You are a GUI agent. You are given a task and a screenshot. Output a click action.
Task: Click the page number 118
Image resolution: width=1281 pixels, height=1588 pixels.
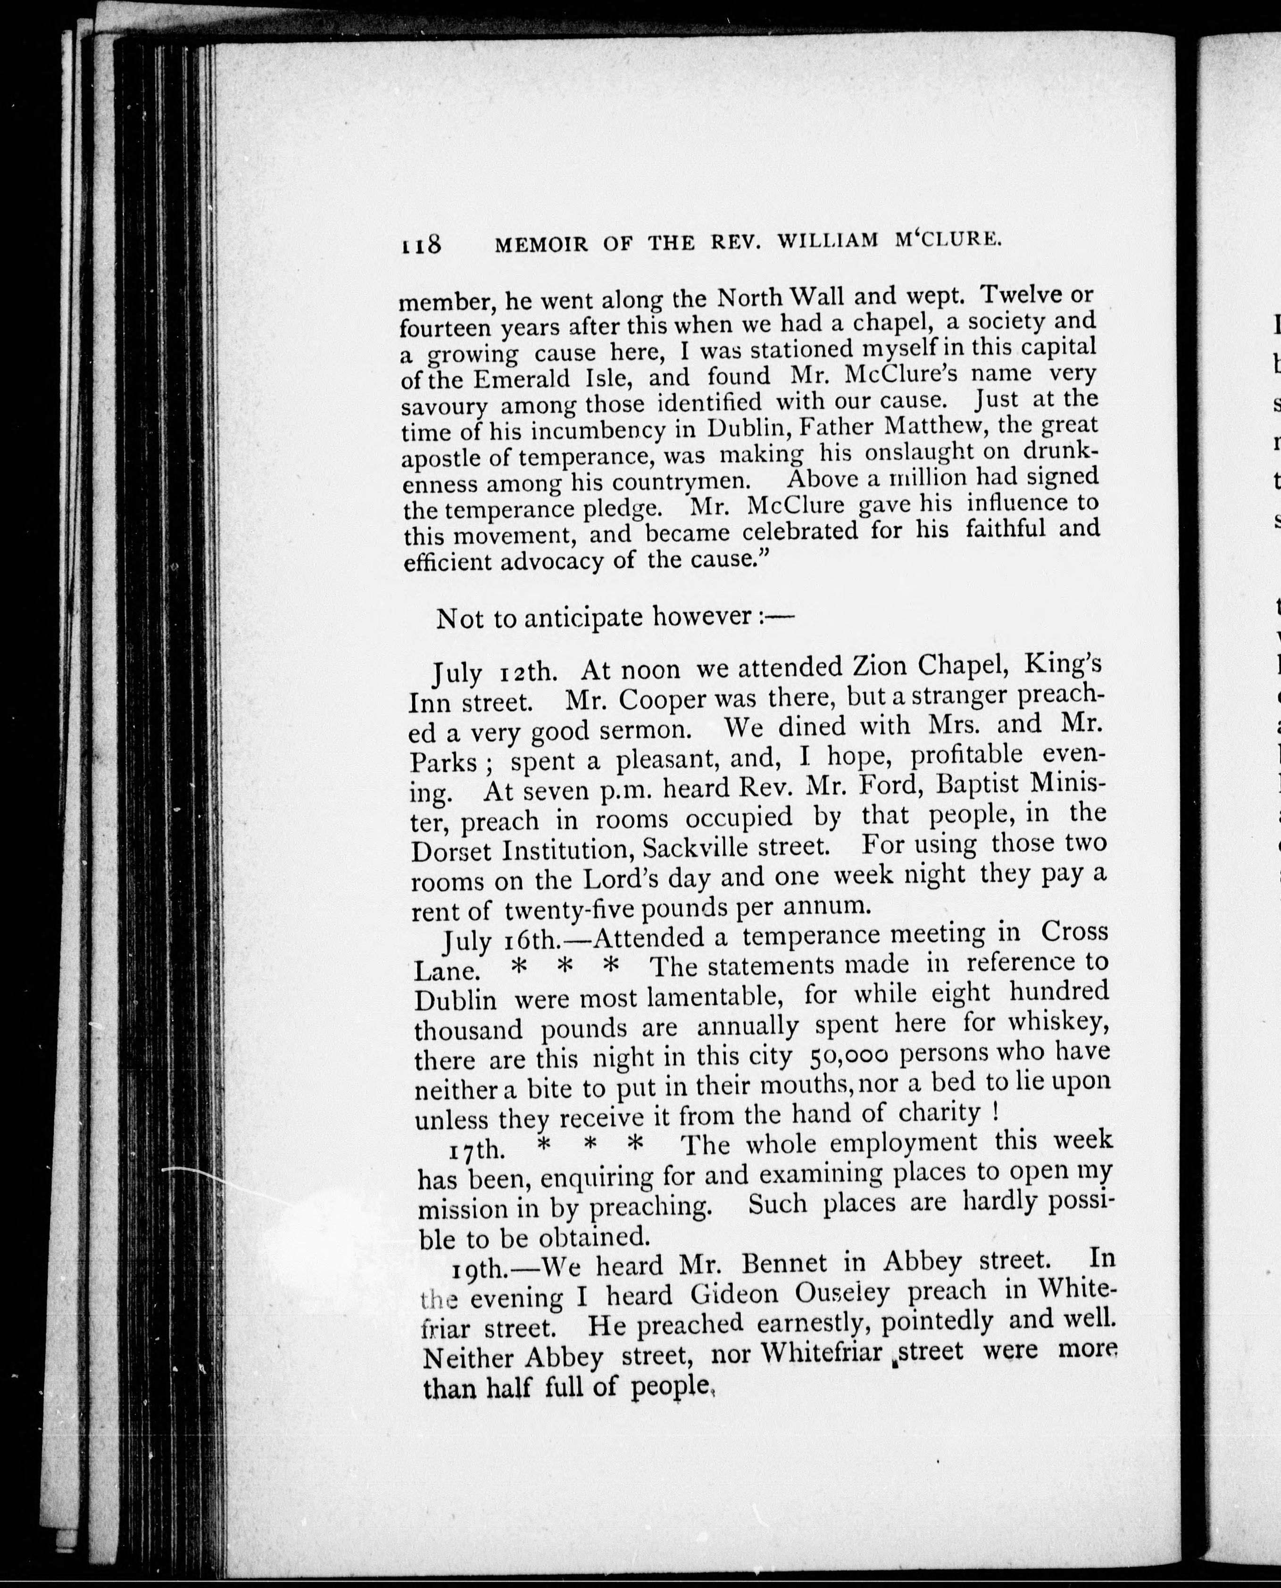(x=421, y=243)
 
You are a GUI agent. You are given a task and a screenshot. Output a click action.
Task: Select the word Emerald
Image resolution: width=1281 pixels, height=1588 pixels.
(x=522, y=379)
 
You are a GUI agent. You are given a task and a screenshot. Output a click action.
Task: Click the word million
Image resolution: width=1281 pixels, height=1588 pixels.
(x=937, y=478)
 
